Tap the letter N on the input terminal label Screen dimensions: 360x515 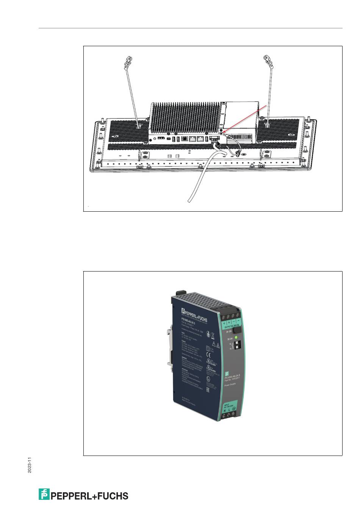pyautogui.click(x=225, y=410)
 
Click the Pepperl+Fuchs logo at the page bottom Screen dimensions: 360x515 pyautogui.click(x=83, y=495)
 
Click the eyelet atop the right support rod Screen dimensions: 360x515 pyautogui.click(x=266, y=60)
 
